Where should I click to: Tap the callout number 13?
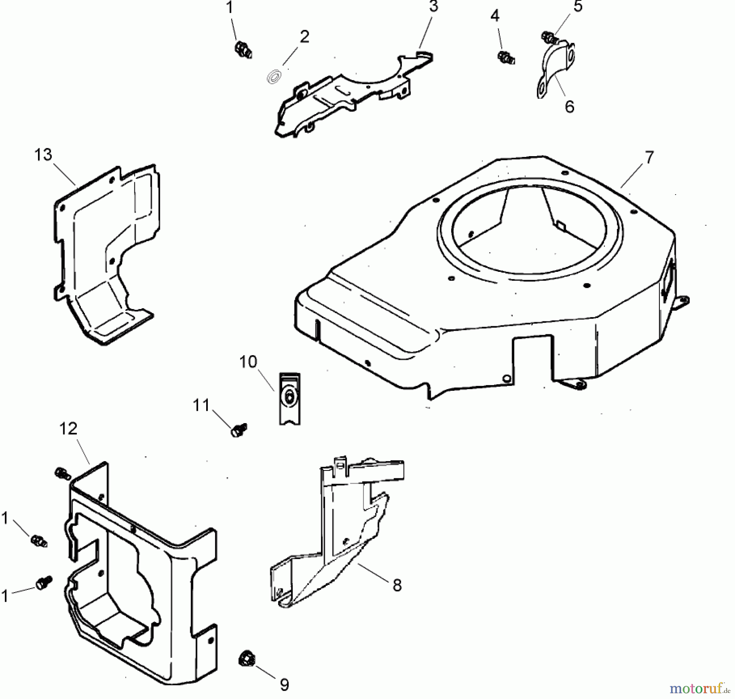[43, 155]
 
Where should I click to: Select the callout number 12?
[68, 429]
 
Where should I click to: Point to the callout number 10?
[248, 362]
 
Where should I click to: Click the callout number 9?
[284, 684]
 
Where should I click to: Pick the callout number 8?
[397, 585]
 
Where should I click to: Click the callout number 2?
[304, 37]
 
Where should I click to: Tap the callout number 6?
[569, 107]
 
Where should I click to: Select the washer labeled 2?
[273, 77]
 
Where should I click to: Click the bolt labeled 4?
[506, 57]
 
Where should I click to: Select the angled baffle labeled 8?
[343, 544]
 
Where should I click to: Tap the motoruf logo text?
[697, 688]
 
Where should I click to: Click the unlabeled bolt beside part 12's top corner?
[62, 474]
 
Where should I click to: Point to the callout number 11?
[201, 406]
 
